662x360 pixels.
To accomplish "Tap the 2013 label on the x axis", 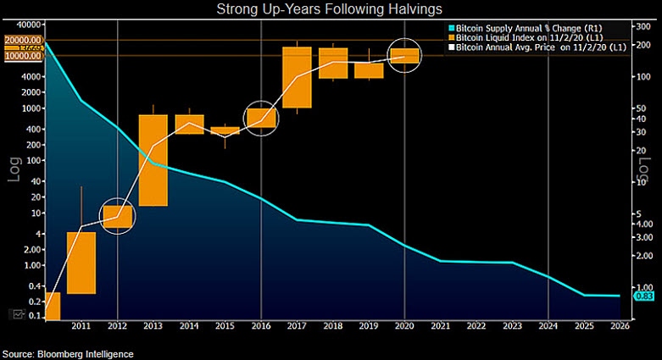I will (153, 325).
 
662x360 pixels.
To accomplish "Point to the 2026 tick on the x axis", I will (620, 325).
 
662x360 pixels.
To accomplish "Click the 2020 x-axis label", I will (404, 325).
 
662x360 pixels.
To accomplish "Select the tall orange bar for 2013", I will (153, 160).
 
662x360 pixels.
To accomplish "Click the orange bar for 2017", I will (297, 77).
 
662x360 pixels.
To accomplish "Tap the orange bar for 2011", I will (81, 263).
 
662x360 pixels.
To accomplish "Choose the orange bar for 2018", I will (333, 63).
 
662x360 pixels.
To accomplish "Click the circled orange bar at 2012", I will (118, 217).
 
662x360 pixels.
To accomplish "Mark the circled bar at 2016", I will (261, 118).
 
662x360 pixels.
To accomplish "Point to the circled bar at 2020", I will (405, 55).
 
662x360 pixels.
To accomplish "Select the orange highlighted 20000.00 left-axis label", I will (23, 40).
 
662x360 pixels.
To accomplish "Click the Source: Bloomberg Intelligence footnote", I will (68, 353).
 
